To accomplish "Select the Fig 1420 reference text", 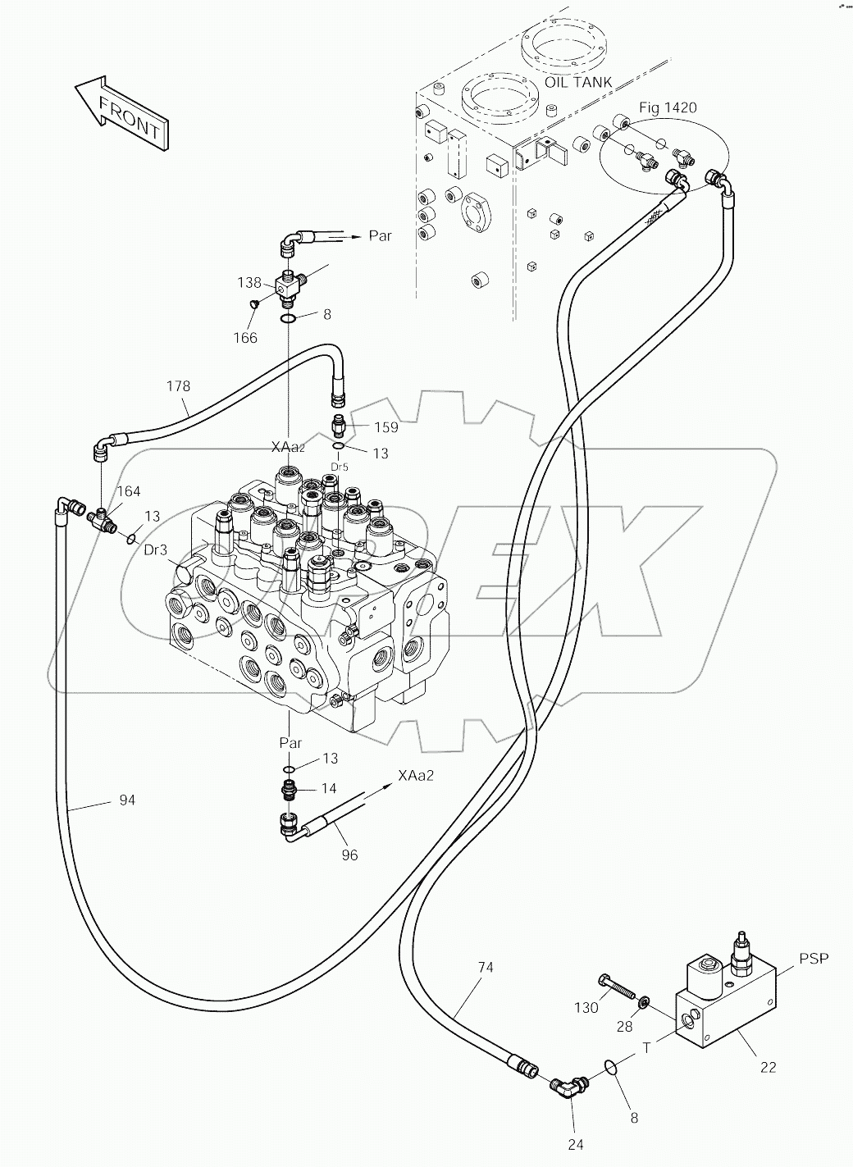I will (668, 108).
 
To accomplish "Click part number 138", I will (249, 282).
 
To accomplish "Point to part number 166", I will (245, 337).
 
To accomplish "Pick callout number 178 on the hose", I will (179, 386).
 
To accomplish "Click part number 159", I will (385, 427).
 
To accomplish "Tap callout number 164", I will (129, 491).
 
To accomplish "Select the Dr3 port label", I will (156, 550).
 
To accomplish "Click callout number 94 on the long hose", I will (126, 800).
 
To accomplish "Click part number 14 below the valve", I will (329, 789).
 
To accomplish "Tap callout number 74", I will (485, 968).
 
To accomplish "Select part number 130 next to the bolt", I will (586, 1008).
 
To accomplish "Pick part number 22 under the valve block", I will (767, 1067).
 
